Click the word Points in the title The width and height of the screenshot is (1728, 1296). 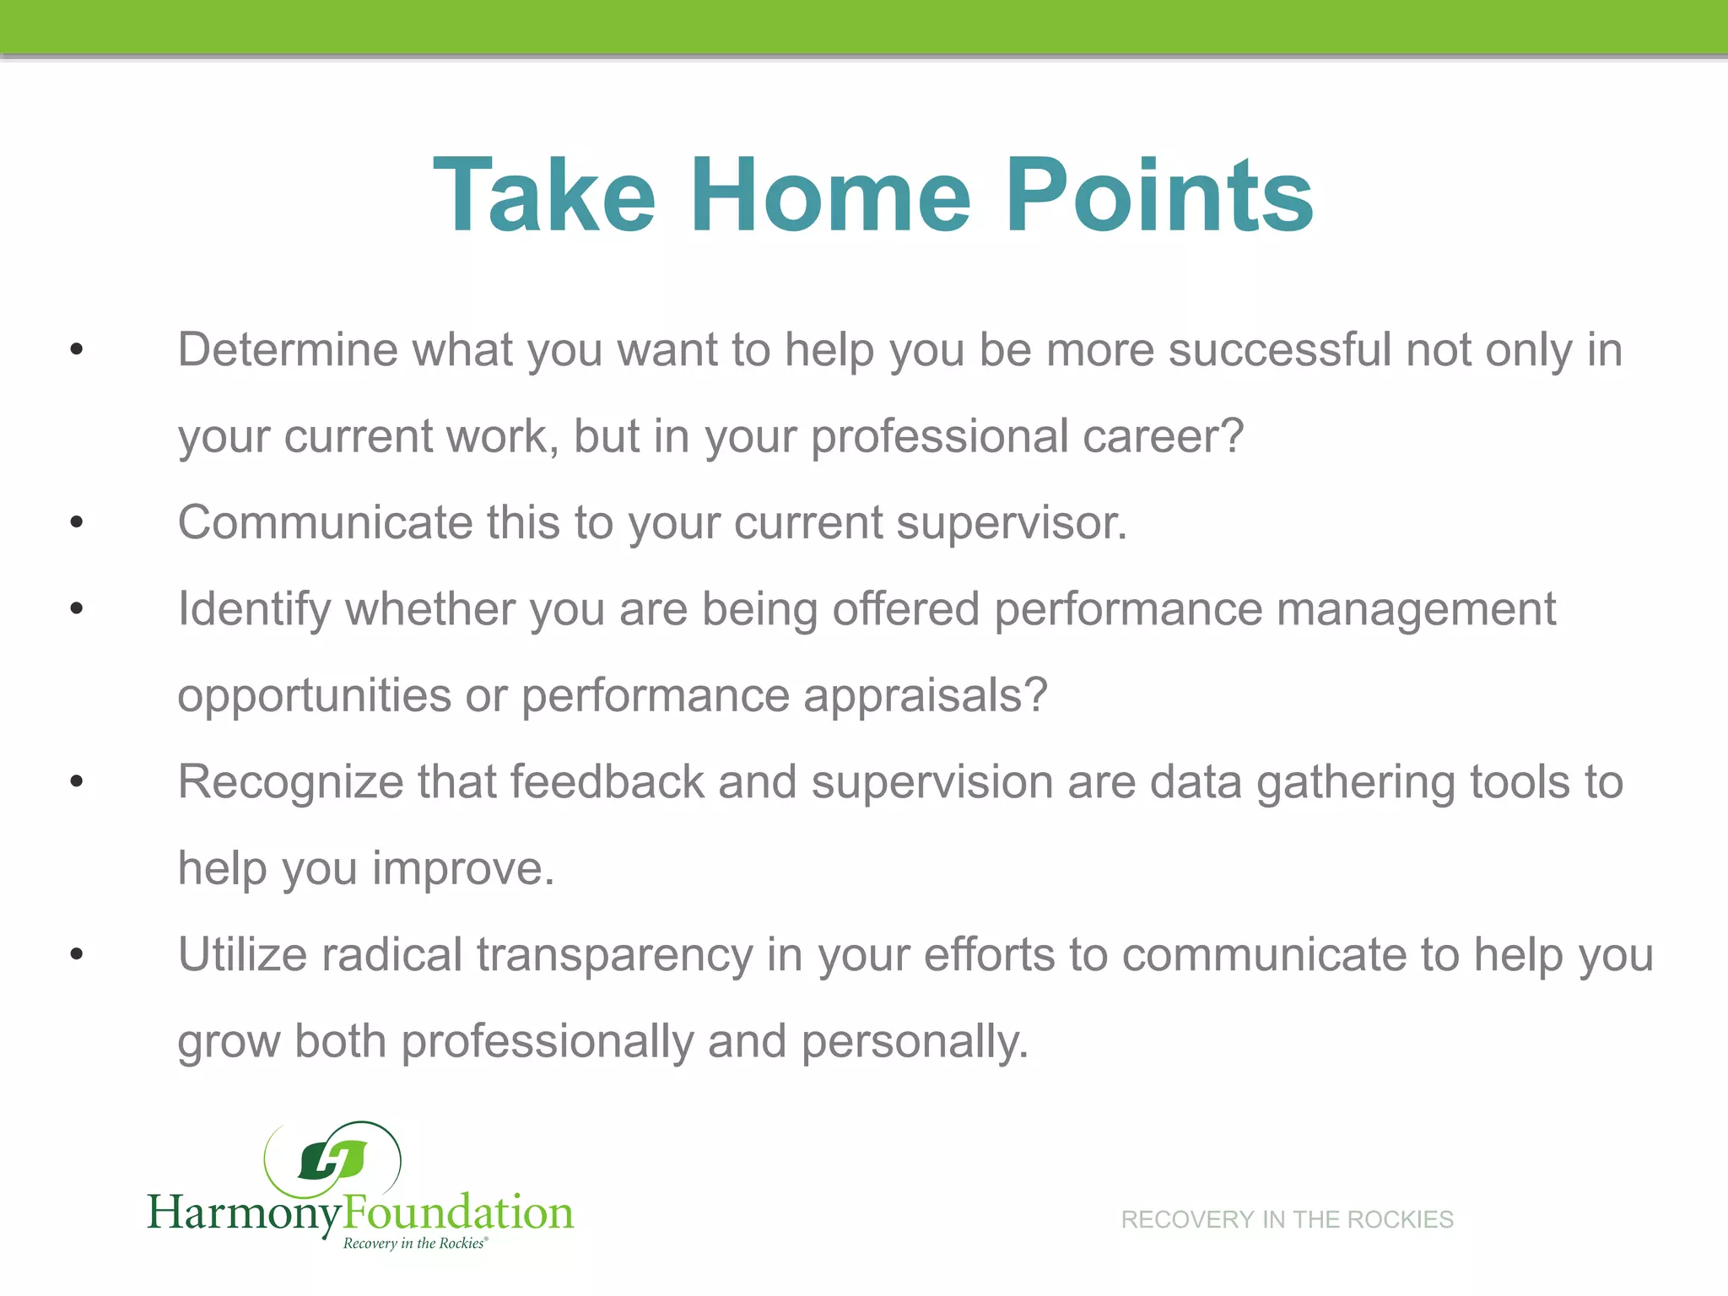tap(1159, 196)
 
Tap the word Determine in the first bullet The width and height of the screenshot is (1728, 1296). tap(287, 349)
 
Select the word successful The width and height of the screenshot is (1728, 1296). tap(1279, 349)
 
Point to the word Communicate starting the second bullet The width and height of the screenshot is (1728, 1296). tap(325, 522)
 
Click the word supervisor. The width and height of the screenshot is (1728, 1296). tap(1012, 524)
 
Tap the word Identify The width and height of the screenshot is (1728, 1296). tap(254, 610)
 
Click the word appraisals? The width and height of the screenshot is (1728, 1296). tap(925, 697)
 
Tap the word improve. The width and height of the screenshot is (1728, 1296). tap(463, 869)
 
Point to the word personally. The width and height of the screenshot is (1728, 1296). tap(915, 1042)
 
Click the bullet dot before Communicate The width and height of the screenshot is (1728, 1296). tap(77, 523)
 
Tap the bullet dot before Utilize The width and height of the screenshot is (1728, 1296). tap(77, 955)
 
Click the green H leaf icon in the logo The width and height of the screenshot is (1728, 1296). tap(332, 1160)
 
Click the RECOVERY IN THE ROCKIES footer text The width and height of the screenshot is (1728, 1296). tap(1287, 1219)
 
